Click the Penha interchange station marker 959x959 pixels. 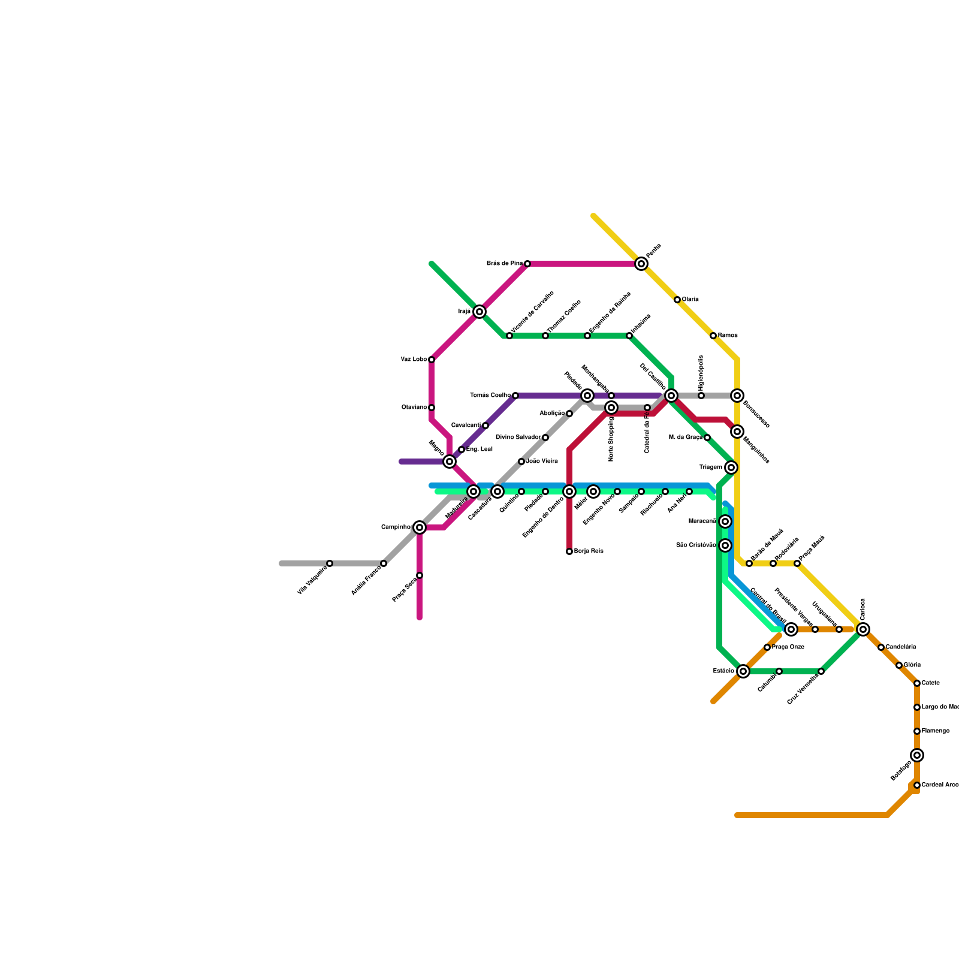[641, 264]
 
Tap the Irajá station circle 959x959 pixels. [479, 312]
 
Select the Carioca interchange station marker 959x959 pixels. [863, 629]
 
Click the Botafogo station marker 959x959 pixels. [917, 755]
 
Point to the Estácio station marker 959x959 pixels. [743, 671]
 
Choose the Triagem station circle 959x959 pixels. [731, 468]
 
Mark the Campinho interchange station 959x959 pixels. [420, 527]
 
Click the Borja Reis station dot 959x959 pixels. [569, 551]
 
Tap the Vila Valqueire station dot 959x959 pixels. [330, 563]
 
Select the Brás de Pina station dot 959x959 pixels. [527, 264]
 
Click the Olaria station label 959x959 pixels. [690, 300]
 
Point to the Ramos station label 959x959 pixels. [728, 336]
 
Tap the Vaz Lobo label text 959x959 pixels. [414, 360]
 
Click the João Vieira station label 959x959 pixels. [542, 462]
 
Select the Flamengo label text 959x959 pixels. [936, 731]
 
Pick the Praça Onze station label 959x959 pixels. [788, 647]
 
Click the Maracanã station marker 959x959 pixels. [725, 521]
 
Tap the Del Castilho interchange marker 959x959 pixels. [671, 396]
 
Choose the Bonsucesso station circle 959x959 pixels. [737, 396]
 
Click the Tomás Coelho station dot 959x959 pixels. [515, 396]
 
